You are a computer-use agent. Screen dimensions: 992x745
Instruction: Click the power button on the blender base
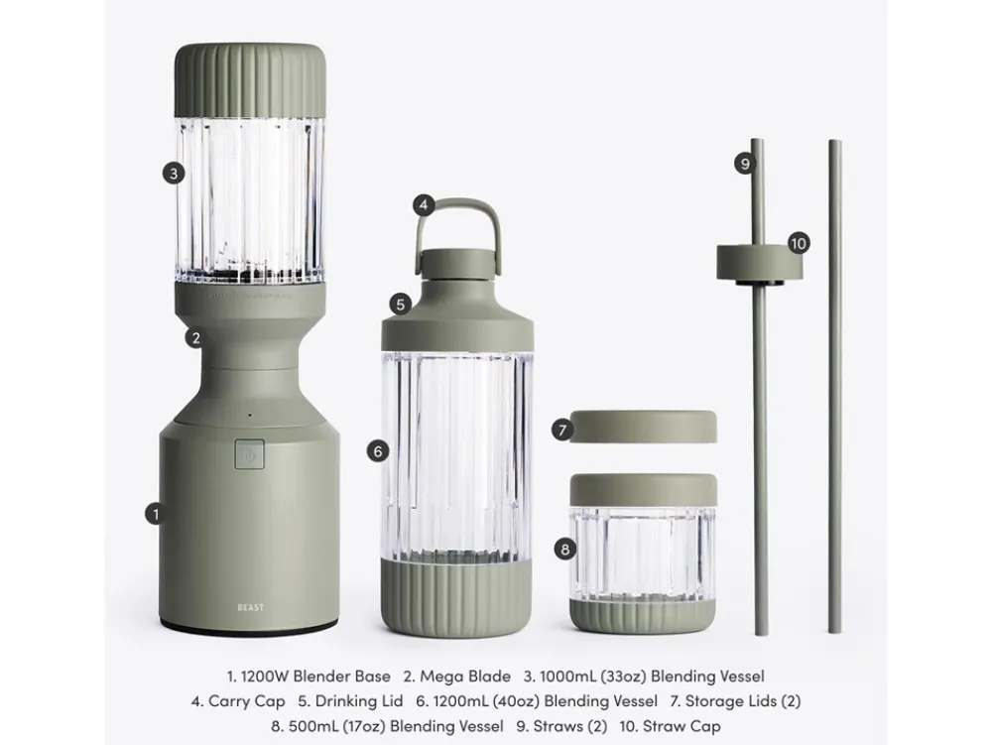[x=249, y=454]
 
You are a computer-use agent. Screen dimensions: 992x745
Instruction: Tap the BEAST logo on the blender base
[x=251, y=608]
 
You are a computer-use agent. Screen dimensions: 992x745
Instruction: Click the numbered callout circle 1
[x=156, y=514]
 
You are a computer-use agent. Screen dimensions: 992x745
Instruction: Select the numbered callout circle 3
[x=174, y=173]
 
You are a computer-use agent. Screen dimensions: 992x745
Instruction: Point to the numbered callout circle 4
[x=424, y=204]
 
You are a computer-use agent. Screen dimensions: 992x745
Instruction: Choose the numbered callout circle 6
[x=378, y=451]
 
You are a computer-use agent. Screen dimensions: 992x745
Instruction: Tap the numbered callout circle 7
[x=561, y=431]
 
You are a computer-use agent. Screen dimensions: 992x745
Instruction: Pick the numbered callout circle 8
[x=565, y=549]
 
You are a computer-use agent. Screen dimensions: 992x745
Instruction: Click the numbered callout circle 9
[x=745, y=164]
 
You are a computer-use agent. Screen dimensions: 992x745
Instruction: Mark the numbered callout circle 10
[x=799, y=243]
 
